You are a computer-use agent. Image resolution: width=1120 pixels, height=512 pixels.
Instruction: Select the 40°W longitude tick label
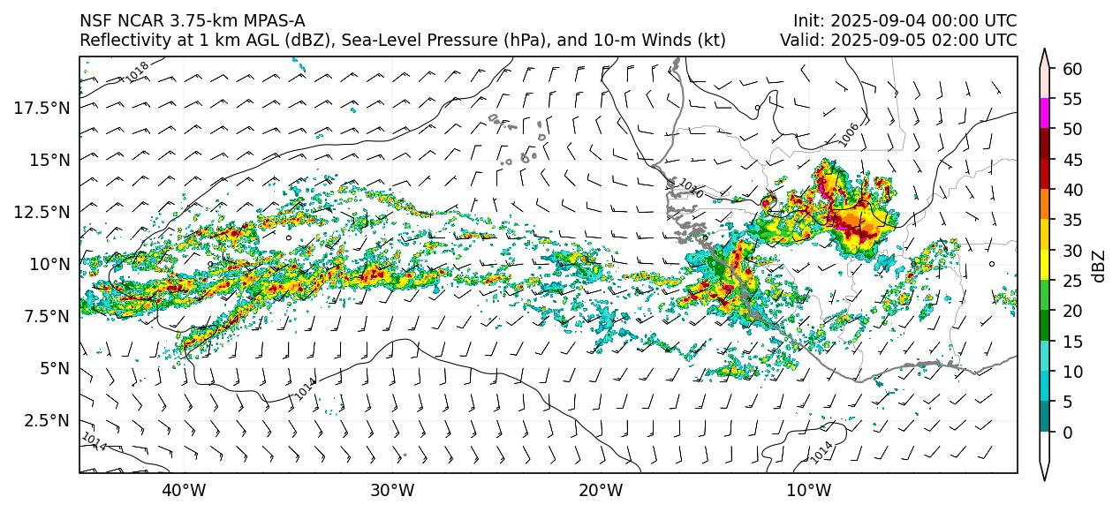(x=184, y=490)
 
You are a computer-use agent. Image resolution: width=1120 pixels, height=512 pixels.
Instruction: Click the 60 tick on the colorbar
(x=1072, y=68)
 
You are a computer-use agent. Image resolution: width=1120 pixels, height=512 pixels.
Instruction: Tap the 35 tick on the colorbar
(x=1072, y=220)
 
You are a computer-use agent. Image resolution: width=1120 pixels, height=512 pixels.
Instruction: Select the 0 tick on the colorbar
(x=1068, y=433)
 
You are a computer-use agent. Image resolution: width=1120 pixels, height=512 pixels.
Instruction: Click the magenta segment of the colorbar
(x=1045, y=113)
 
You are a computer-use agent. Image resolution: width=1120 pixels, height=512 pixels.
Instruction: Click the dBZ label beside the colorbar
(x=1099, y=266)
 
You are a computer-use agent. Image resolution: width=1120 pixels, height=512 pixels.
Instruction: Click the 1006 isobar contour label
(x=849, y=134)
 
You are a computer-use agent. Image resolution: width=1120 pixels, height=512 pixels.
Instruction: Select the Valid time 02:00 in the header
(x=958, y=40)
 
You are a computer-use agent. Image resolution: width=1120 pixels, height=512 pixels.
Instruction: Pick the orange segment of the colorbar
(x=1045, y=204)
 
